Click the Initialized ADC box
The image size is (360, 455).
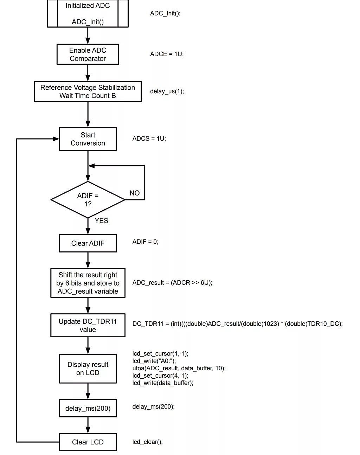[88, 14]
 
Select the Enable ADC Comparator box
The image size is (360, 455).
[88, 54]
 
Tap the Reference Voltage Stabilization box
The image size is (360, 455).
[88, 91]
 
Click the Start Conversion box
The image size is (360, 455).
[88, 139]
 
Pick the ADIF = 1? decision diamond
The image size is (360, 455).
[88, 200]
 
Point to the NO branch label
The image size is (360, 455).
[134, 193]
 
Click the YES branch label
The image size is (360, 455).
[101, 220]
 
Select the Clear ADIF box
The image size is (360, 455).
[88, 243]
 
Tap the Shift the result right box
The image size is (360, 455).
[88, 283]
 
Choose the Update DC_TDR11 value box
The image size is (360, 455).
[88, 325]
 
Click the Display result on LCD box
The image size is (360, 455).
[88, 369]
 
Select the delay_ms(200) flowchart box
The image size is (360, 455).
[88, 408]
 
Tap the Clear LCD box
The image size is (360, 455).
[88, 442]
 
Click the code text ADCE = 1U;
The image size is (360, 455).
[167, 54]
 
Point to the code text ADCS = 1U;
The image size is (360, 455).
[149, 139]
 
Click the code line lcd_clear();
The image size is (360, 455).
[147, 442]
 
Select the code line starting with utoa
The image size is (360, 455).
[179, 368]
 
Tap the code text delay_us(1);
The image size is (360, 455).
[167, 91]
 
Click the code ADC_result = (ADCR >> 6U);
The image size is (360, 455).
[172, 283]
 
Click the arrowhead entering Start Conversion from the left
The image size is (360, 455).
[56, 139]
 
